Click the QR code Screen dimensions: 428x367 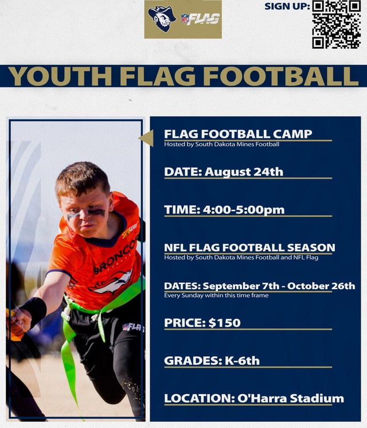336,24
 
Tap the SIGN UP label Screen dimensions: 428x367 287,6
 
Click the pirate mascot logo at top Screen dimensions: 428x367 162,19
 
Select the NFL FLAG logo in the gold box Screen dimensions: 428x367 201,19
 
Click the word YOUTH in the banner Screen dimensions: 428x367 60,76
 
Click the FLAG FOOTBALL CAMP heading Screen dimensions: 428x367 238,134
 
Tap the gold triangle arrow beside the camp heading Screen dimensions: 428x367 146,138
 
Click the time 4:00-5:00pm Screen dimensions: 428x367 243,209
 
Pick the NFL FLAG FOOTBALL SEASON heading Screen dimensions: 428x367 249,247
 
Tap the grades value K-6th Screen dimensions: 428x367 240,360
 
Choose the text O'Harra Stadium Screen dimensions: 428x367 299,398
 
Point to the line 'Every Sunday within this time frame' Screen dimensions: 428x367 216,295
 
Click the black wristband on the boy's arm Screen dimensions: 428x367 36,310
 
